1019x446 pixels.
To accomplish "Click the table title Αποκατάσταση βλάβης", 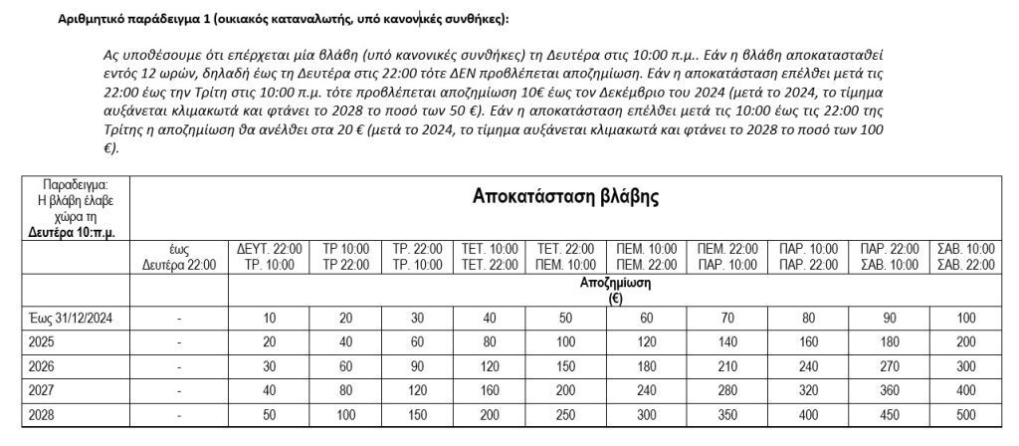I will (x=565, y=196).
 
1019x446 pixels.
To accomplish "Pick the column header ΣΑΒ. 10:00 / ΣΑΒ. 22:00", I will (x=966, y=256).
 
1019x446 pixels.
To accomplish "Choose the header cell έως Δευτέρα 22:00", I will (x=178, y=256).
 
